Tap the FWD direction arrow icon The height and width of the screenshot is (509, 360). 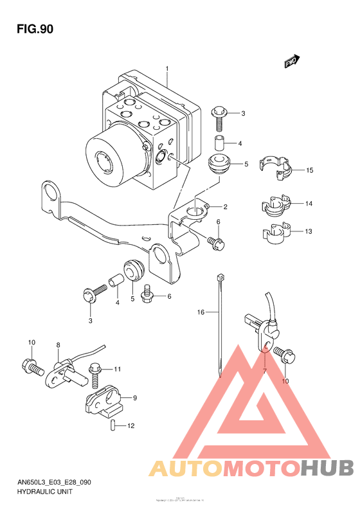coord(292,61)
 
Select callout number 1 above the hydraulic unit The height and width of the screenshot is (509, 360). coord(166,69)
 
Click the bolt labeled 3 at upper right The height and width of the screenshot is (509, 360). coord(219,116)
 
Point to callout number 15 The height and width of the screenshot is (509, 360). coord(309,170)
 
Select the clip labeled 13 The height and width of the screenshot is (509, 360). coord(274,233)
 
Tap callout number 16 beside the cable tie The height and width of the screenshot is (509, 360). coord(201,312)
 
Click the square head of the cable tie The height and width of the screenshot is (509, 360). coord(221,277)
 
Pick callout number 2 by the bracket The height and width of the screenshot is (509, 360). coord(226,207)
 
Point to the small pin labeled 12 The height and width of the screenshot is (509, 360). coord(113,425)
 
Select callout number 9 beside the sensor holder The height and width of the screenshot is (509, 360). coord(135,398)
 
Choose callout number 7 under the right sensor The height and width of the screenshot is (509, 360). coord(264,371)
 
